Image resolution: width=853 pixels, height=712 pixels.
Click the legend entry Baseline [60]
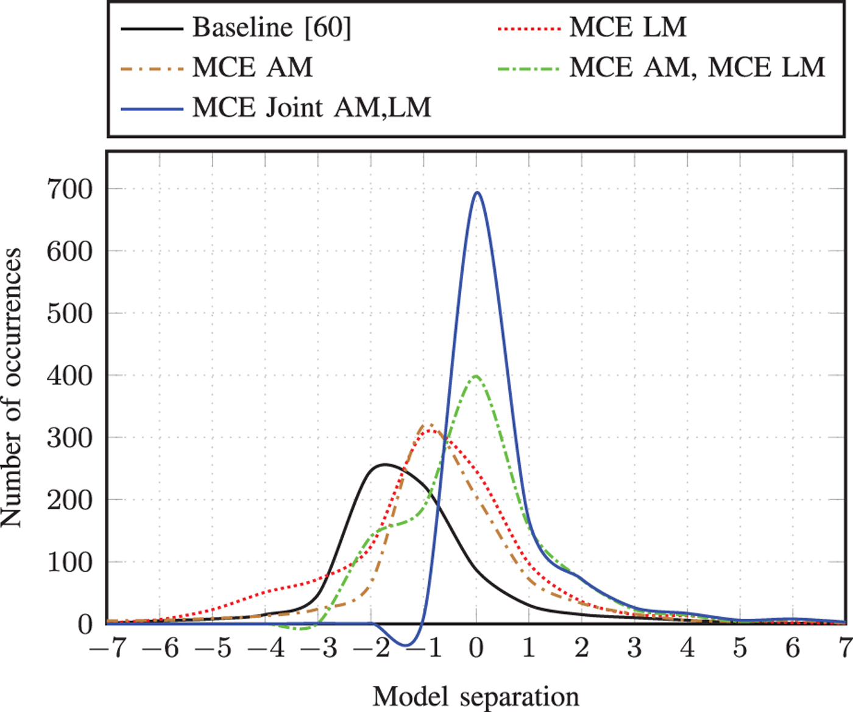pos(272,27)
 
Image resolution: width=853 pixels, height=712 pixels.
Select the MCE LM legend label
pos(628,27)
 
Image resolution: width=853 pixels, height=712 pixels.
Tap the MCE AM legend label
pos(252,67)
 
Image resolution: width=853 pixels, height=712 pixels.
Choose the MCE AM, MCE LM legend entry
pos(697,67)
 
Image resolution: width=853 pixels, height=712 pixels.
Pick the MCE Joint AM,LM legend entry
pos(311,107)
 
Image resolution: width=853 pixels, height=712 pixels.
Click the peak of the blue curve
pos(477,193)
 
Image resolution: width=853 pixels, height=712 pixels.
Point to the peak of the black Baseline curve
pos(384,465)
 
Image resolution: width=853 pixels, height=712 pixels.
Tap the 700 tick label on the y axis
pos(69,189)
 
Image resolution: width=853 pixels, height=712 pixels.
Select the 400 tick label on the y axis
pos(69,376)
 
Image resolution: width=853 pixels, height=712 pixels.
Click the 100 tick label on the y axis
pos(69,562)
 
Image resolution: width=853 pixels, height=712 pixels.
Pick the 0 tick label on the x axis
pos(476,648)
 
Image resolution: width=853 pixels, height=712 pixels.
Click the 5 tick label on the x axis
pos(740,648)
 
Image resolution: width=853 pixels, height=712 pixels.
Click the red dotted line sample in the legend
pos(528,28)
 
